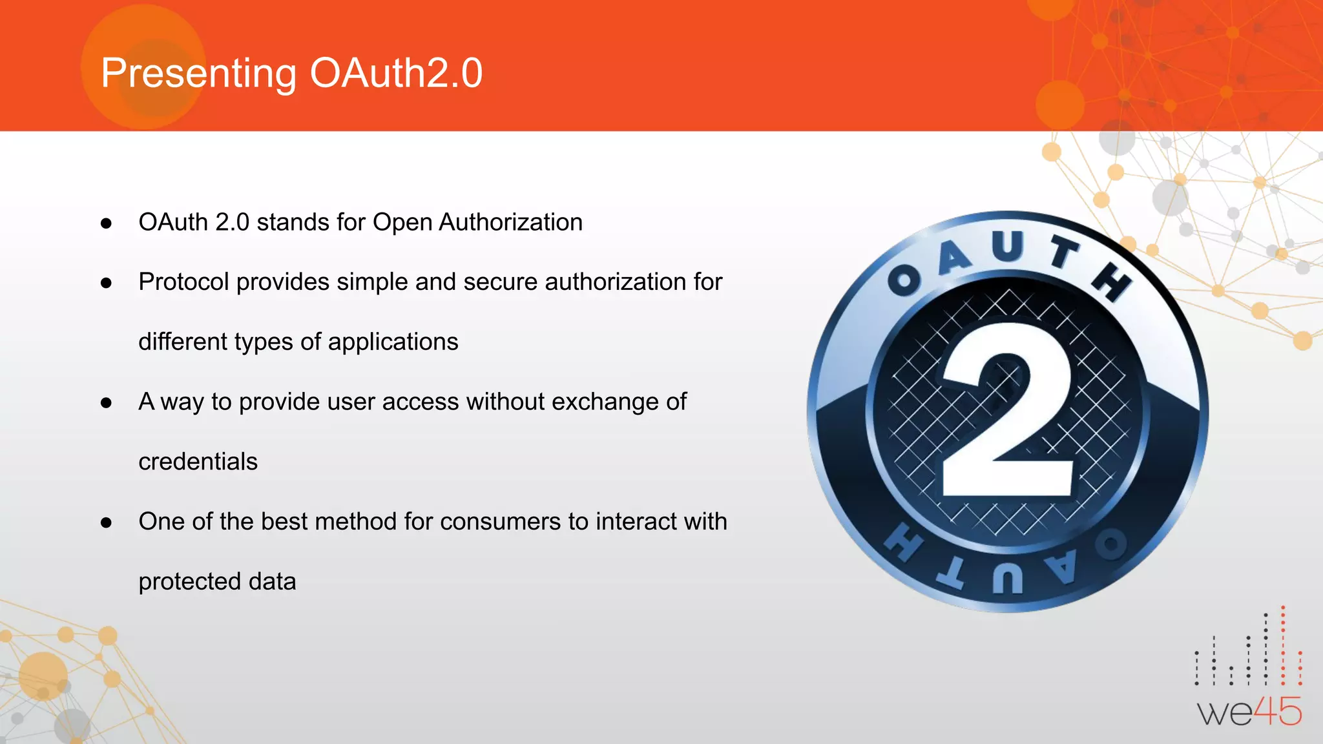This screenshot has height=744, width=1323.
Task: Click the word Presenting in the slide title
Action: pos(198,73)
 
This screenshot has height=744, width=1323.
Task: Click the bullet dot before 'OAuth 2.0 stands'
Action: pos(107,224)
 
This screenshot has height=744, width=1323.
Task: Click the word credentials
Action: pos(198,462)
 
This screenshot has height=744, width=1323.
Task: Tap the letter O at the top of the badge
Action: pos(904,280)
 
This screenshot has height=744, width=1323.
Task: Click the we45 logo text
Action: pos(1249,712)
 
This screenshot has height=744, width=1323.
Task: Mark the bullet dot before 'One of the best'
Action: pos(107,523)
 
